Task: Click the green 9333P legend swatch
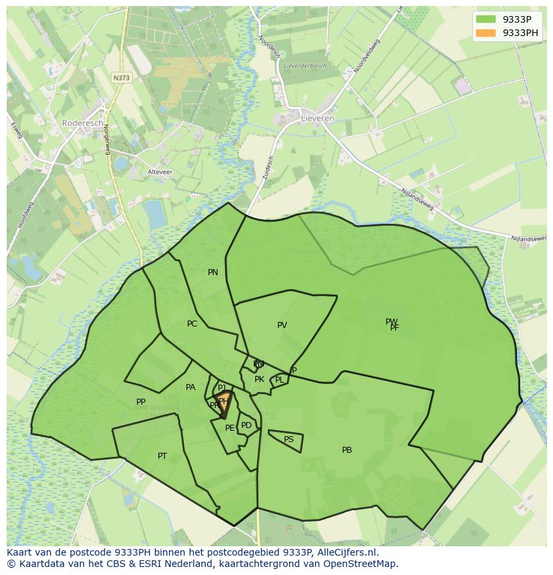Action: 486,19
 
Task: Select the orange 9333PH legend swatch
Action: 486,33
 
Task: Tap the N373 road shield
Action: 122,77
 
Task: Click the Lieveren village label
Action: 317,118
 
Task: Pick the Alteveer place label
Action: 160,172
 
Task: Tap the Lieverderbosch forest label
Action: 305,66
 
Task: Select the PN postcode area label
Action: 213,272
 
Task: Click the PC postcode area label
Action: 192,324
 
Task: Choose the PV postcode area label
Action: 282,325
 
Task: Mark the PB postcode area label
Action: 347,450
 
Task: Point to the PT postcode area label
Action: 162,456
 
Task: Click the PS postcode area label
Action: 289,439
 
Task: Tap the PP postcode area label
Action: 141,402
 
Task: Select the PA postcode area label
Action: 190,387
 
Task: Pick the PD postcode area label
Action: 246,425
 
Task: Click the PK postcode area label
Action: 259,379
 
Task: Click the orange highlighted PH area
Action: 225,403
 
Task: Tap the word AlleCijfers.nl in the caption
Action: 345,552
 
